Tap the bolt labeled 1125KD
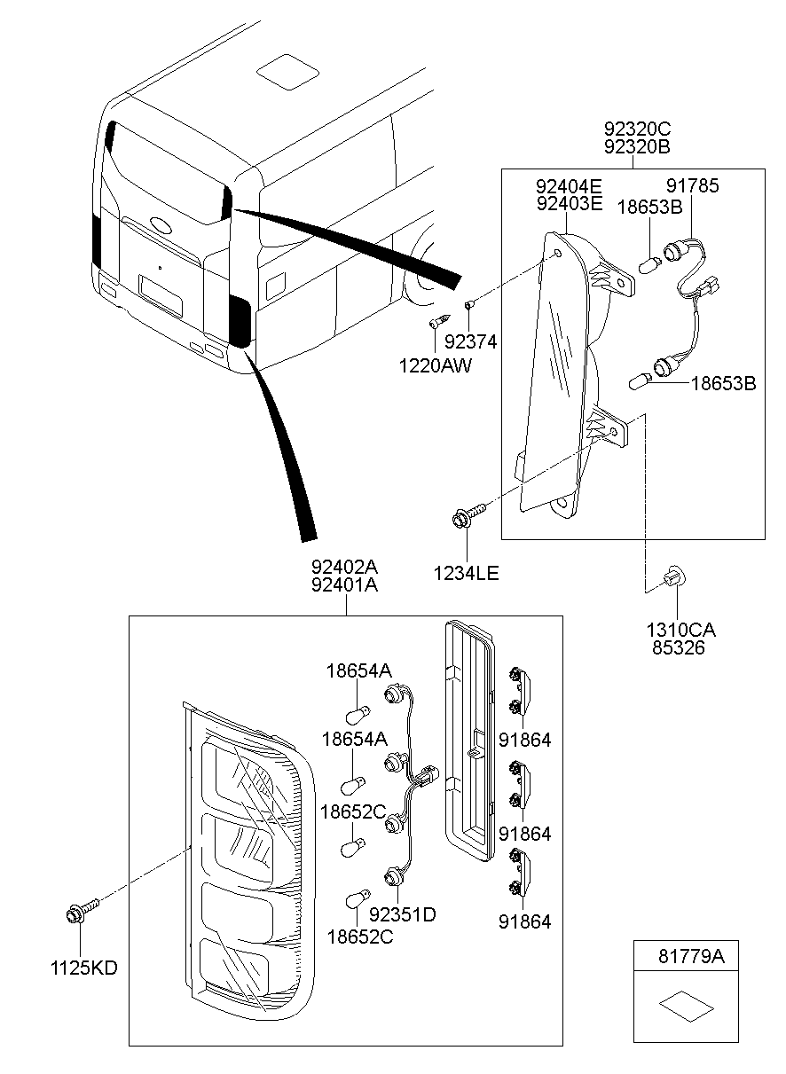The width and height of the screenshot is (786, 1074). (80, 913)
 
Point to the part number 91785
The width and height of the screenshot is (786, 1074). (693, 186)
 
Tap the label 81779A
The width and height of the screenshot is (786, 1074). (691, 958)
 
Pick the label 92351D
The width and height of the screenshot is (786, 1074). (402, 914)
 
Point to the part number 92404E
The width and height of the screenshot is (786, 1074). (569, 186)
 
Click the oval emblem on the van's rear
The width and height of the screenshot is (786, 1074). (161, 225)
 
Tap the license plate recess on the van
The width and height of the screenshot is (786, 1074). (161, 294)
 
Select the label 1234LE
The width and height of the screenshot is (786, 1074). (467, 574)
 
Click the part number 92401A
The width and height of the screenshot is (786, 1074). (345, 585)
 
